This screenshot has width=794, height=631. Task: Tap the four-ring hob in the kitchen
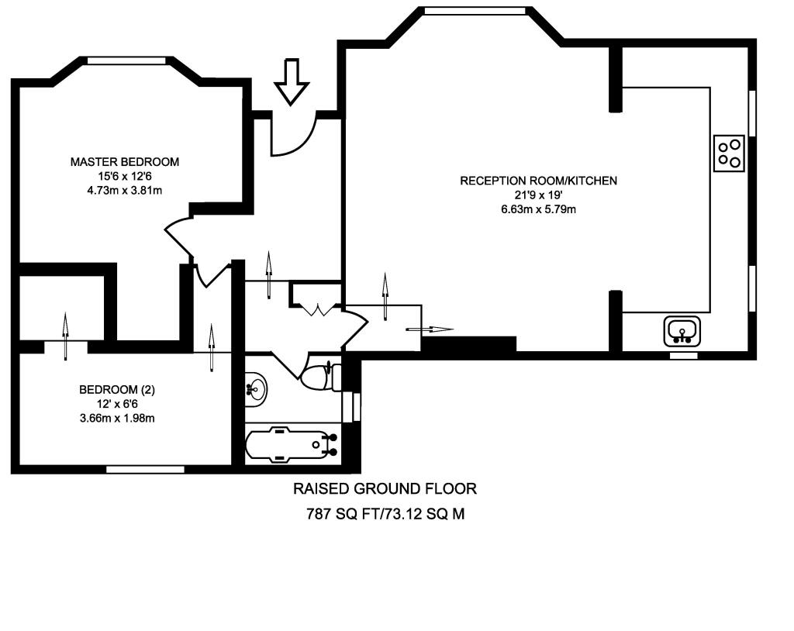[729, 153]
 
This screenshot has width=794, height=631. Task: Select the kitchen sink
[682, 332]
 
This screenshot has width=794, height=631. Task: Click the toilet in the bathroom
[319, 377]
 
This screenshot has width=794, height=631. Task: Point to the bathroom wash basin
[256, 387]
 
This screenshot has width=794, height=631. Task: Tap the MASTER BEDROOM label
[125, 162]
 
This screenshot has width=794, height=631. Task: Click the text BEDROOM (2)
[117, 390]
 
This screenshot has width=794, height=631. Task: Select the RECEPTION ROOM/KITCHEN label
[538, 181]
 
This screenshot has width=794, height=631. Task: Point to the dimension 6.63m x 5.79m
[538, 209]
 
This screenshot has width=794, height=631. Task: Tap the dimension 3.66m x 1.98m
[117, 418]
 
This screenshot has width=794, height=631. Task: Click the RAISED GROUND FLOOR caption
[385, 489]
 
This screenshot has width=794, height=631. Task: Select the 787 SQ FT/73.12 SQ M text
[385, 514]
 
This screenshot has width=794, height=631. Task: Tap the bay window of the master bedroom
[126, 60]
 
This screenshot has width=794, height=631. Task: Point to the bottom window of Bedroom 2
[145, 468]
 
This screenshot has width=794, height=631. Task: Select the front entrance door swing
[293, 135]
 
